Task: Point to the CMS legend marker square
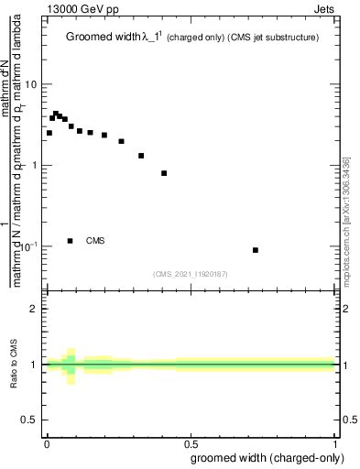(x=71, y=241)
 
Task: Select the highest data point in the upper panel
(x=55, y=114)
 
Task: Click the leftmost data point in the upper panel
(x=49, y=133)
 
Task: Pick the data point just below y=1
(x=164, y=173)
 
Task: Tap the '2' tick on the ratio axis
(x=35, y=309)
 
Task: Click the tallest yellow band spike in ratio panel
(x=70, y=365)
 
